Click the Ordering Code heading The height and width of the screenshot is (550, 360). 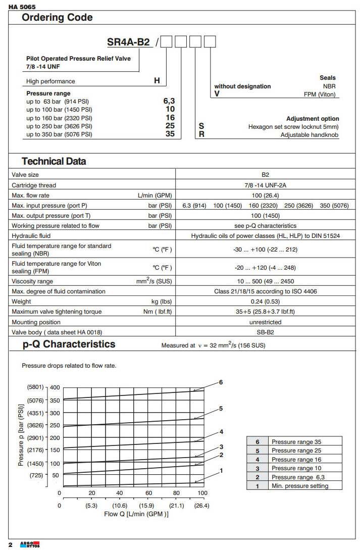[x=57, y=18]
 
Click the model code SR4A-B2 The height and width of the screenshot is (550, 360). [x=128, y=42]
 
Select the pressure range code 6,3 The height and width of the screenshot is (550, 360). [x=168, y=101]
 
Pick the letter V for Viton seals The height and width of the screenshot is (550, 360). [x=217, y=94]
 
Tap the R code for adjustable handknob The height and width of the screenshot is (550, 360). [x=201, y=135]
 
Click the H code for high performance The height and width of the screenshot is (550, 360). [x=157, y=81]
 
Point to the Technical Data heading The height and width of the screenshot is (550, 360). [x=54, y=162]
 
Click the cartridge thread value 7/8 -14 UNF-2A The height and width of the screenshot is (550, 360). [x=265, y=185]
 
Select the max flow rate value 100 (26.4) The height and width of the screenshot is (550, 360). [x=265, y=195]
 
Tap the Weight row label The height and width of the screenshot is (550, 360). [x=22, y=302]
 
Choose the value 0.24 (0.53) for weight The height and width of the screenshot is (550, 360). [x=265, y=302]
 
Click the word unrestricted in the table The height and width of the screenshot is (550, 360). [x=265, y=322]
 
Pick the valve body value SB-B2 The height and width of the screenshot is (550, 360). [x=265, y=332]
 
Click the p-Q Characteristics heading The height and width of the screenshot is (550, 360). [x=69, y=344]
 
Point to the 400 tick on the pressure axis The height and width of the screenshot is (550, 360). [x=54, y=387]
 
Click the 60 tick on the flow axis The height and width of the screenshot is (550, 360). [x=149, y=493]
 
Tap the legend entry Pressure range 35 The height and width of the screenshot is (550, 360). [x=296, y=442]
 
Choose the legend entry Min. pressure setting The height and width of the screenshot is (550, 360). [x=299, y=486]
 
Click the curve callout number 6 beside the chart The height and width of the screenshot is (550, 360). [x=221, y=382]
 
